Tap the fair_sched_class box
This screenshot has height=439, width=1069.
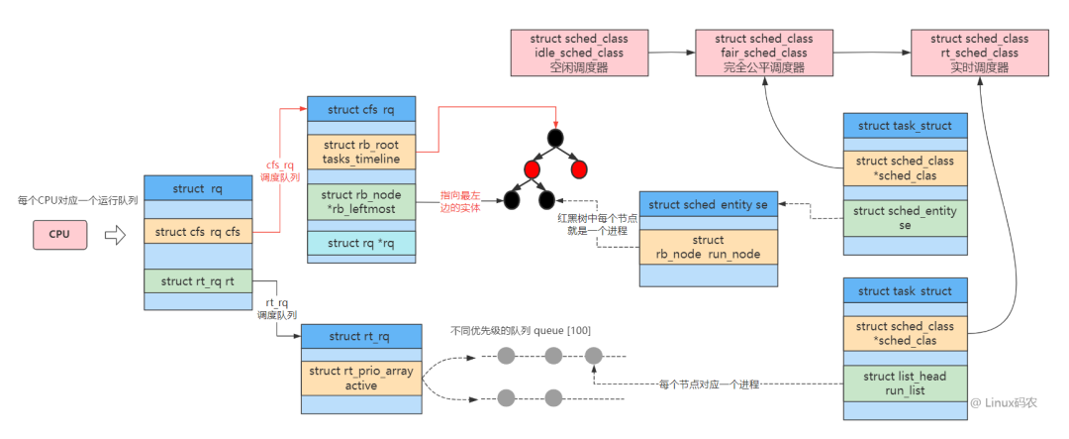pyautogui.click(x=763, y=53)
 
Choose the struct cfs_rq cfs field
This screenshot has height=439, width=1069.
pyautogui.click(x=198, y=231)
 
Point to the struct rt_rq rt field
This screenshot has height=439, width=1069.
pyautogui.click(x=198, y=280)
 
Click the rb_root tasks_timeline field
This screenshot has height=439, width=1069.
pyautogui.click(x=361, y=153)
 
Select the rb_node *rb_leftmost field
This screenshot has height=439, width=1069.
pyautogui.click(x=361, y=202)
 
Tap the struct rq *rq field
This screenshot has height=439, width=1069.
pyautogui.click(x=361, y=243)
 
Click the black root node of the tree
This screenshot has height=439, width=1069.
pyautogui.click(x=555, y=137)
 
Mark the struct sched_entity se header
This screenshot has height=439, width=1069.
pyautogui.click(x=708, y=205)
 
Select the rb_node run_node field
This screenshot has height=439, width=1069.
pyautogui.click(x=708, y=247)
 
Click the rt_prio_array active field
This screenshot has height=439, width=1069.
pyautogui.click(x=361, y=379)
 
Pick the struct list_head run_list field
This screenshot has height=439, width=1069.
pyautogui.click(x=905, y=384)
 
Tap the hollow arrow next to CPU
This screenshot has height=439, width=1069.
pyautogui.click(x=115, y=235)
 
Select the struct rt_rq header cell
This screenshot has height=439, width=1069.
pyautogui.click(x=361, y=336)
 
